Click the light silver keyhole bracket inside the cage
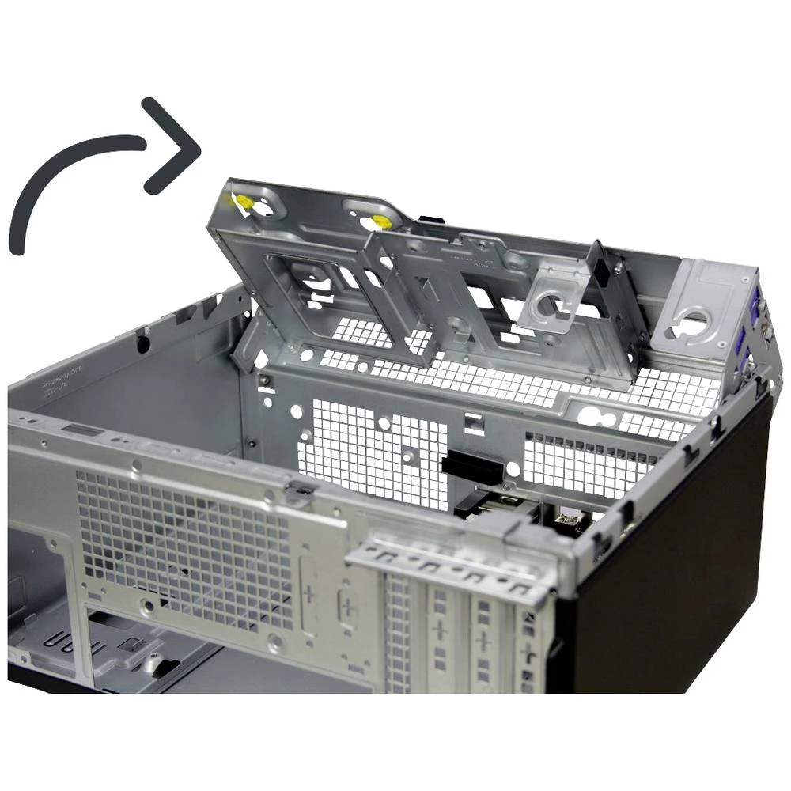click(x=553, y=296)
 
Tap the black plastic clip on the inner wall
click(x=472, y=467)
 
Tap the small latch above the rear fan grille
click(x=298, y=492)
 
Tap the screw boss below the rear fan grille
click(x=147, y=605)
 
